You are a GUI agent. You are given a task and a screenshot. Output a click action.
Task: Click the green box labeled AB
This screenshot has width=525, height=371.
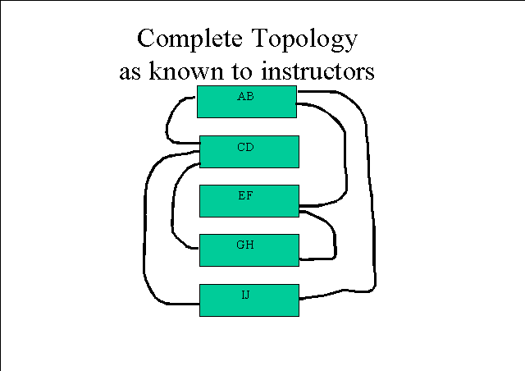click(247, 102)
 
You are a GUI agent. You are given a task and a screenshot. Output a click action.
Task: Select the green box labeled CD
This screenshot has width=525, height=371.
click(249, 152)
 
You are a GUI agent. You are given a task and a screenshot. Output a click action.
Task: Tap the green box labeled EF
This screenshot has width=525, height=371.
click(249, 201)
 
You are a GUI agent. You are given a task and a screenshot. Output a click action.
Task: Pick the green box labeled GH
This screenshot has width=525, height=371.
click(249, 250)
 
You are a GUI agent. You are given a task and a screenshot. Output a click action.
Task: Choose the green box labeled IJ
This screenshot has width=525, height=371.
click(249, 300)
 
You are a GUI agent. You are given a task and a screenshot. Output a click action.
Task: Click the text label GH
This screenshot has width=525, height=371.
click(245, 245)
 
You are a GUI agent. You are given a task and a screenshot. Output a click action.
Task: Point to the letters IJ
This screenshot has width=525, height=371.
click(246, 295)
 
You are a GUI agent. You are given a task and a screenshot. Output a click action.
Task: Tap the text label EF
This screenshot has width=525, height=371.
click(245, 195)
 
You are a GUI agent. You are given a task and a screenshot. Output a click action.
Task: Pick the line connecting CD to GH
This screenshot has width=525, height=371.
click(172, 208)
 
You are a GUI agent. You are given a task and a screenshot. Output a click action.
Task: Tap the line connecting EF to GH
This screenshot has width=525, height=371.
click(334, 235)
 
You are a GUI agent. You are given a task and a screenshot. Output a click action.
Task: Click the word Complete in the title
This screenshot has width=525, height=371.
click(189, 39)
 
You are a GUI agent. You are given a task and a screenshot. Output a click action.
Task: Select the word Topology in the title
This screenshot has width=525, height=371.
click(304, 39)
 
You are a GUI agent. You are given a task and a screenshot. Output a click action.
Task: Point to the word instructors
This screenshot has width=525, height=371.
click(317, 71)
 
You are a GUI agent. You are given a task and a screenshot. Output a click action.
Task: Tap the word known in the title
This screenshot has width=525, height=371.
click(186, 71)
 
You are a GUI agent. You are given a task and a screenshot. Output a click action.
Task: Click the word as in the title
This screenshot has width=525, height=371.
click(130, 73)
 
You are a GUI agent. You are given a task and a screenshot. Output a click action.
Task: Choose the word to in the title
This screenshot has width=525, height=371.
click(242, 71)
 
